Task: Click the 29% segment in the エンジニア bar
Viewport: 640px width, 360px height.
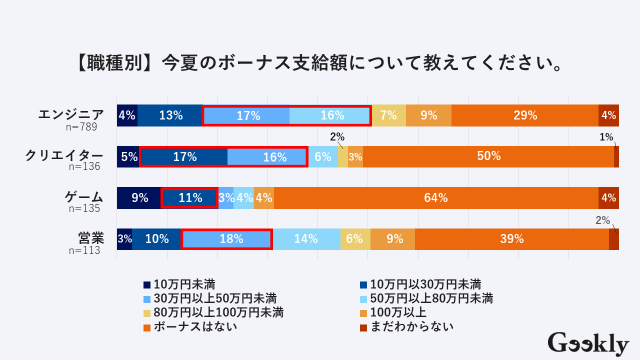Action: (x=525, y=115)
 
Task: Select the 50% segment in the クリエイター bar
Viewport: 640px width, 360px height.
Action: (x=488, y=156)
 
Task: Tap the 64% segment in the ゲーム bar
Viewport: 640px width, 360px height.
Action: (x=435, y=198)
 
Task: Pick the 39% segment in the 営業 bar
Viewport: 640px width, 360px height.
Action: (x=511, y=239)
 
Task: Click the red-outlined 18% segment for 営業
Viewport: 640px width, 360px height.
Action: (x=227, y=239)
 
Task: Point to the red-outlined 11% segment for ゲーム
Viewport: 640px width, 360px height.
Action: (x=189, y=198)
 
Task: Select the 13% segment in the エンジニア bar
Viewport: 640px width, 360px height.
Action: (x=170, y=115)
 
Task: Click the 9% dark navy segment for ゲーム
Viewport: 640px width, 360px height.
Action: (x=139, y=198)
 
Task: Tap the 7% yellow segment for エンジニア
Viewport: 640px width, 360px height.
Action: (x=388, y=115)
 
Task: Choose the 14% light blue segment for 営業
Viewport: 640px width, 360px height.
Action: (x=306, y=239)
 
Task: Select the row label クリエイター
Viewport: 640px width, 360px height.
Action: (x=64, y=155)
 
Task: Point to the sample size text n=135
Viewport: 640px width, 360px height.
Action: (x=84, y=208)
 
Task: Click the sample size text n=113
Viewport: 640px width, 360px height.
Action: (x=84, y=250)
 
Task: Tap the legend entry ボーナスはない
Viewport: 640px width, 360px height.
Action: (x=195, y=327)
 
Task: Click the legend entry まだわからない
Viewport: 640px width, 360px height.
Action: (x=412, y=327)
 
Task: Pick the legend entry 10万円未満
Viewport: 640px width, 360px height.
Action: (x=184, y=284)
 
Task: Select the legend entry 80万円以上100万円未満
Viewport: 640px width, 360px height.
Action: (x=218, y=313)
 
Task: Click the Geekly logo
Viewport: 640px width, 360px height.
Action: (x=588, y=344)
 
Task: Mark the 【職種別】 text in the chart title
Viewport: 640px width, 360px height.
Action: (x=114, y=63)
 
